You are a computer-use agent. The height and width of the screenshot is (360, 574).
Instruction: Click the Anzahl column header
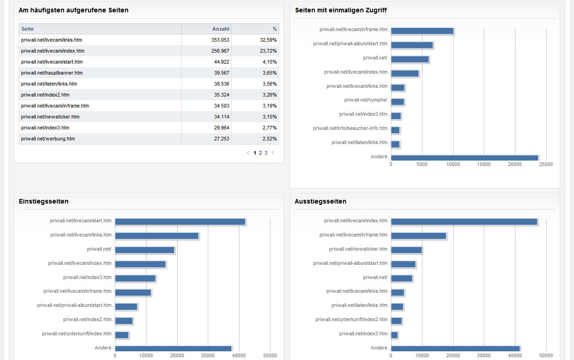coord(221,29)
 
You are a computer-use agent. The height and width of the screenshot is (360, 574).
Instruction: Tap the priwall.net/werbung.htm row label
coord(48,139)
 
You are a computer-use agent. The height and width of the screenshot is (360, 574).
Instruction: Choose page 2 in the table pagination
coord(260,153)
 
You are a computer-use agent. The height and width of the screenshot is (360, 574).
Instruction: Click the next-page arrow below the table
coord(273,153)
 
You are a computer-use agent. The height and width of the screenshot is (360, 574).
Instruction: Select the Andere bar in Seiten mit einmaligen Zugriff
coord(464,158)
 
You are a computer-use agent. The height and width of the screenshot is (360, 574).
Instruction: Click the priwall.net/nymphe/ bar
coord(397,102)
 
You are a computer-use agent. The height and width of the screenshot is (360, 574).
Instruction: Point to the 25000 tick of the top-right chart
coord(546,165)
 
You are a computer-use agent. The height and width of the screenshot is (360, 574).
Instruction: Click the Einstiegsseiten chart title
coord(44,202)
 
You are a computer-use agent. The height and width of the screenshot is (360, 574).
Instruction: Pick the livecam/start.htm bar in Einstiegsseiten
coord(180,222)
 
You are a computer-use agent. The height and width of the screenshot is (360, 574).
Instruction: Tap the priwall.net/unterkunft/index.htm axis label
coord(77,334)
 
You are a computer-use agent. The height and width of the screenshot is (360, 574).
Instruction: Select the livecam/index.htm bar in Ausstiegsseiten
coord(464,222)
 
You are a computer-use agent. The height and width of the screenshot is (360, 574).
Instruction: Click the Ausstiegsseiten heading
coord(320,202)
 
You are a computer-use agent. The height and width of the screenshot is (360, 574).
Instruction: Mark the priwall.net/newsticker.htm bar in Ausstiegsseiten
coord(406,250)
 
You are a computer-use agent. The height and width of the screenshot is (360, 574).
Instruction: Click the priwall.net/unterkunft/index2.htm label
coord(351,320)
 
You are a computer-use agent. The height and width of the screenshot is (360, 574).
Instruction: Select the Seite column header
coord(27,29)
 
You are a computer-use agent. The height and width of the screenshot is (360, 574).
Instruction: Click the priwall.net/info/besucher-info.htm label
coord(350,129)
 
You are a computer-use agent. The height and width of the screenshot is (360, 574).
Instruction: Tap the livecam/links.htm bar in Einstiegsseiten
coord(157,236)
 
